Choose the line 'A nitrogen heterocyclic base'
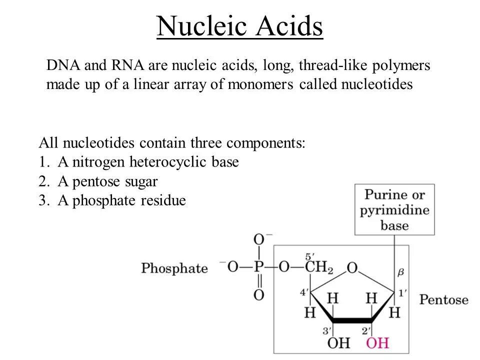coord(148,162)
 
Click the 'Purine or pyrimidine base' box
coord(394,209)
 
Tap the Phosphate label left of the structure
coord(174,268)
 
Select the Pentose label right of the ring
coord(443,300)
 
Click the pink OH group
coord(377,343)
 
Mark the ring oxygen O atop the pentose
coord(352,268)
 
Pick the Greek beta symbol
coord(400,273)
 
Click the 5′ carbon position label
coord(310,255)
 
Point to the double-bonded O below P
coord(258,295)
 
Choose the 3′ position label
coord(327,330)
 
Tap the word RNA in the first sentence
coord(121,65)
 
